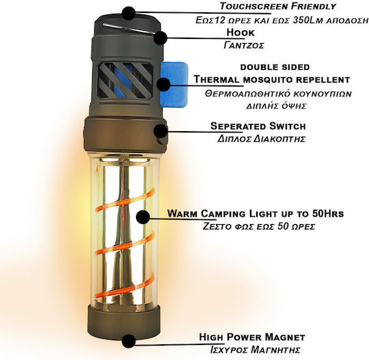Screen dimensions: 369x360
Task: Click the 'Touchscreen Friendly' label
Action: click(x=278, y=6)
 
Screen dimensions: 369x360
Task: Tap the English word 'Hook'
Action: click(x=241, y=33)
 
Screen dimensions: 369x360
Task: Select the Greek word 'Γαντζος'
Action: click(x=244, y=45)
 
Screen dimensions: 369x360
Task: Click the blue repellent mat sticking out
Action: click(x=174, y=84)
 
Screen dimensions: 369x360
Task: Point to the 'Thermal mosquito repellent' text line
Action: click(x=272, y=79)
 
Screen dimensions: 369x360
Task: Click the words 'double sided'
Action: click(x=275, y=67)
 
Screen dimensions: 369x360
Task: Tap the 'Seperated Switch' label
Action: click(x=258, y=126)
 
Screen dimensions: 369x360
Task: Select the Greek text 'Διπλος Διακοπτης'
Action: click(x=261, y=139)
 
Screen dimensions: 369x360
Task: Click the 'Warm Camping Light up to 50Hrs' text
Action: click(x=256, y=214)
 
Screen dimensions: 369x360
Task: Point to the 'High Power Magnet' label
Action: click(x=252, y=337)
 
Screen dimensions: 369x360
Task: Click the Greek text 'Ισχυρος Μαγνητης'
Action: click(x=255, y=350)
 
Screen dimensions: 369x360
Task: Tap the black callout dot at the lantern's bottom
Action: click(x=128, y=340)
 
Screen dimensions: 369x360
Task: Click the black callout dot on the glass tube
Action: click(x=143, y=217)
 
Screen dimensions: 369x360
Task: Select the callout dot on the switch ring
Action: click(x=161, y=130)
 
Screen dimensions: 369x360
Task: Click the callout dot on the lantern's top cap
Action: click(x=128, y=13)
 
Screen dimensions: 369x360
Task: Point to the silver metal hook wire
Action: click(x=129, y=29)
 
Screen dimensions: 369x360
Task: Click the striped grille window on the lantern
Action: click(x=126, y=80)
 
